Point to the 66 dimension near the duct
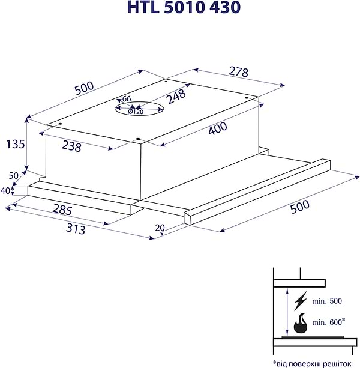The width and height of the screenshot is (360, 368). [x=126, y=99]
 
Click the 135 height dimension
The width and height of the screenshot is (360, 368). [x=14, y=144]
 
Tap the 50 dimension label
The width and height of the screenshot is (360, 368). [x=13, y=175]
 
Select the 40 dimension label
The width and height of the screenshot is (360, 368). [x=6, y=191]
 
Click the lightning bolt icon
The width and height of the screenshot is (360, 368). [x=302, y=300]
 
